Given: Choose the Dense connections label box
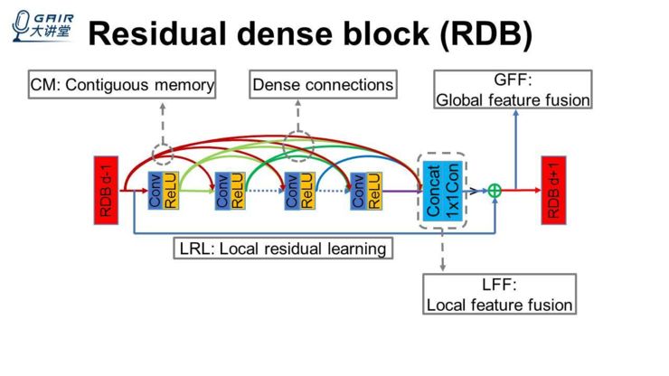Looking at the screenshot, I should click(x=323, y=85).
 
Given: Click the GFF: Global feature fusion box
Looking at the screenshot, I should click(x=514, y=89).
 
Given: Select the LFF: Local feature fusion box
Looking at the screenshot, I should click(x=499, y=295).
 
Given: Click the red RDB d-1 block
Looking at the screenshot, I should click(x=107, y=191).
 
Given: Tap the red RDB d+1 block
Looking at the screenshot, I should click(x=552, y=191).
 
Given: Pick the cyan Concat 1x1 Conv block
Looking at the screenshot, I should click(x=442, y=191).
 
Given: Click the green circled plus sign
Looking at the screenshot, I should click(x=495, y=191).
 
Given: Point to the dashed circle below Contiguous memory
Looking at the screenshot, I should click(x=162, y=154).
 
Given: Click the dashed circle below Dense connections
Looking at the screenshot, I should click(x=297, y=144).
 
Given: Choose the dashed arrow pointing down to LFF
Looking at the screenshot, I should click(x=442, y=250).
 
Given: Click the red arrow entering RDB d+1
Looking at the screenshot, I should click(x=522, y=191).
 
